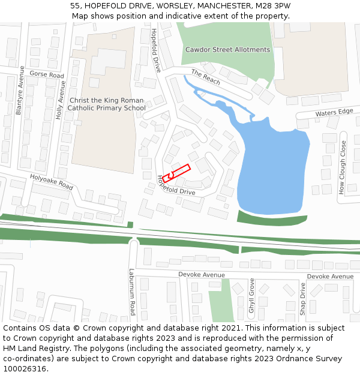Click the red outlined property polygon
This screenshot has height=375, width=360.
click(x=176, y=172)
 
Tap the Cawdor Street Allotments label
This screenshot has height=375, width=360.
click(x=227, y=50)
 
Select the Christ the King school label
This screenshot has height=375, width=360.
click(x=106, y=104)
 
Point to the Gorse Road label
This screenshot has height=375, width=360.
click(x=46, y=75)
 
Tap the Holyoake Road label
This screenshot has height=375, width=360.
click(x=52, y=182)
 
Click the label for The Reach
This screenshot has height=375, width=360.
click(x=206, y=77)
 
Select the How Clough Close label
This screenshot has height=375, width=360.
click(x=343, y=167)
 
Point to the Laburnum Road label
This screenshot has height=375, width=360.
click(x=132, y=292)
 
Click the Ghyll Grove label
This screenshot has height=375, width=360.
click(x=251, y=296)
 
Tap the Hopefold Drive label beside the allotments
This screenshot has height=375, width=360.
click(x=156, y=51)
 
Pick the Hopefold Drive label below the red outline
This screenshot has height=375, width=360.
click(x=176, y=186)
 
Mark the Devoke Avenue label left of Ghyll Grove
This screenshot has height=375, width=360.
click(x=202, y=275)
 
